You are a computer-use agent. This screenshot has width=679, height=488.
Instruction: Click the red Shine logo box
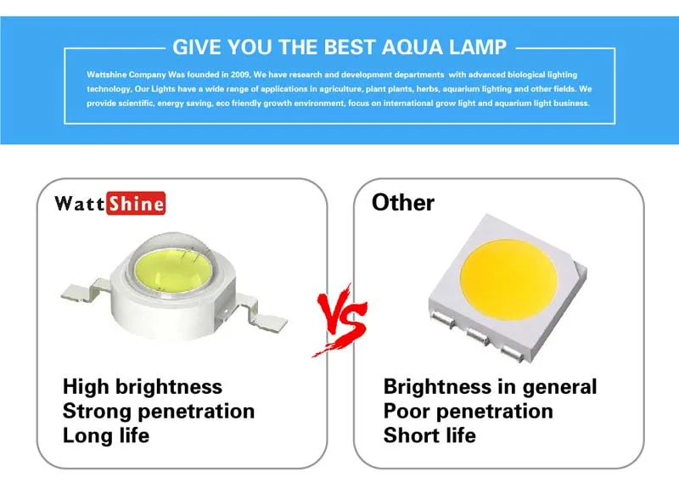coord(136,203)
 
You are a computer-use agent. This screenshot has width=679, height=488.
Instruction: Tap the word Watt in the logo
coord(80,203)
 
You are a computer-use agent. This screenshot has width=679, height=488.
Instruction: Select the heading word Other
coord(402,202)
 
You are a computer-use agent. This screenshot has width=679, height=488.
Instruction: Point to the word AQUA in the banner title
coord(412,48)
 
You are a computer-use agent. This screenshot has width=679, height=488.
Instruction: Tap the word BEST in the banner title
coord(350,48)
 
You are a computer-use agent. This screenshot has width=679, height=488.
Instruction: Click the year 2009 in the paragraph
coord(240,75)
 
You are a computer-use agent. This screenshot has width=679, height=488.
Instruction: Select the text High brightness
coord(143,387)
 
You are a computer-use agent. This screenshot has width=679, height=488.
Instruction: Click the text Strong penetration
coord(159,411)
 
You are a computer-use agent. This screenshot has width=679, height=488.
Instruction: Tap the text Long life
coord(106,435)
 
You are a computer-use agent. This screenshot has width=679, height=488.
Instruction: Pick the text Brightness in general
coord(491,387)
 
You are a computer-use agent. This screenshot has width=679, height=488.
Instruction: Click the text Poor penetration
coord(469,411)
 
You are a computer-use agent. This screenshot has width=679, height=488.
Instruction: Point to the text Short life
coord(429,435)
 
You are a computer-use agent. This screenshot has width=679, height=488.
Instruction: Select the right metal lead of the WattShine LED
coord(261,314)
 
